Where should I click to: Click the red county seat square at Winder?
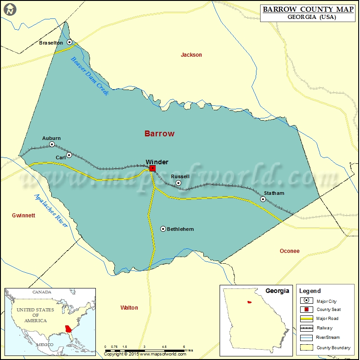tap(153, 168)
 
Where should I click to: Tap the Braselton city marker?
tap(70, 42)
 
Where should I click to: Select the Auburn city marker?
tap(52, 144)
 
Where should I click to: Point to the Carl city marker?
tap(69, 155)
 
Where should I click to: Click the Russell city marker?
tap(178, 183)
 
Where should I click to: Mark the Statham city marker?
tap(263, 199)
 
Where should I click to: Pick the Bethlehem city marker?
tap(163, 229)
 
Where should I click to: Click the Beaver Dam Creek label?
tap(90, 75)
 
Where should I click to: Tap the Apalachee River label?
tap(51, 210)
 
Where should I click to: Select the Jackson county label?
tap(191, 55)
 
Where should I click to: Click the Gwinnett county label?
tap(23, 216)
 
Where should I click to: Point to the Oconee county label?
tap(289, 251)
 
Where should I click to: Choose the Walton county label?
tap(129, 308)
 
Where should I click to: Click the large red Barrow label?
tap(159, 134)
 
